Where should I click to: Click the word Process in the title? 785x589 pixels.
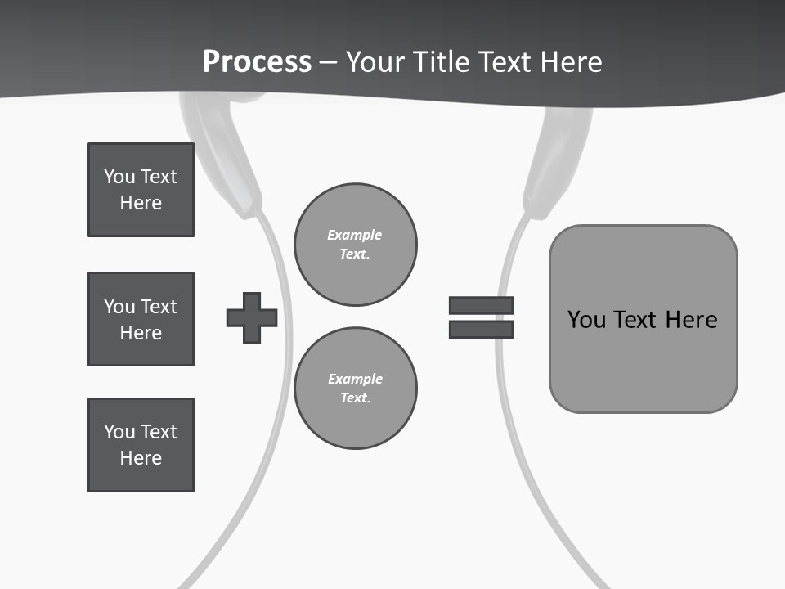click(x=257, y=61)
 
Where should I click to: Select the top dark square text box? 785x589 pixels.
click(x=141, y=190)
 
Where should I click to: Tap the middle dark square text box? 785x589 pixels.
click(x=141, y=319)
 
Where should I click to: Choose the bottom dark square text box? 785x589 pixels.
click(x=141, y=445)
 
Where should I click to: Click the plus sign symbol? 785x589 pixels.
click(x=252, y=317)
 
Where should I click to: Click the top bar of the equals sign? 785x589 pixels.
click(x=481, y=305)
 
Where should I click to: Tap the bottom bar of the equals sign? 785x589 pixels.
click(x=481, y=329)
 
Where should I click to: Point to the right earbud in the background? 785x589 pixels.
click(x=558, y=160)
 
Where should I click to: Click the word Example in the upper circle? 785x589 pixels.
click(x=354, y=235)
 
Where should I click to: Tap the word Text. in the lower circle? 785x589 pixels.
click(x=355, y=398)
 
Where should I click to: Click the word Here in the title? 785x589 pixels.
click(x=569, y=61)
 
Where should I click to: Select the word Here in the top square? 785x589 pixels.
click(x=141, y=203)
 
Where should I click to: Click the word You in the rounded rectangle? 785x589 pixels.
click(x=587, y=319)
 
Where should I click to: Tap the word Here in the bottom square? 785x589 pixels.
click(x=141, y=458)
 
